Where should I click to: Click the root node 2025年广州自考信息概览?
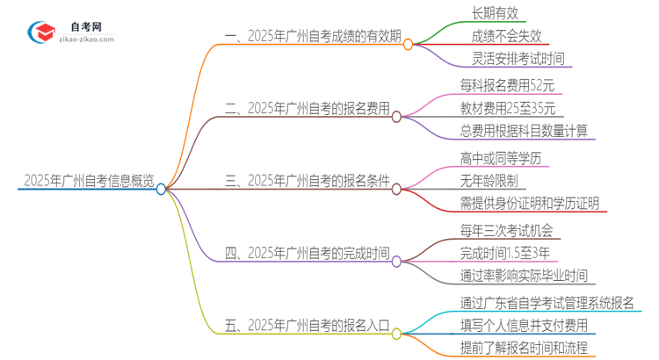coord(88,182)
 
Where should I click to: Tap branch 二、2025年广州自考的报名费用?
coord(308,110)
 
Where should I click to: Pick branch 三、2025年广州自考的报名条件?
coord(308,182)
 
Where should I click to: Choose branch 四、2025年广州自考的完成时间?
coord(308,255)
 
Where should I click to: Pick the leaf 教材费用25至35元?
coord(508,110)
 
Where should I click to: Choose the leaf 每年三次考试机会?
coord(506,232)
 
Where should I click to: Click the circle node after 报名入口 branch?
coord(396,334)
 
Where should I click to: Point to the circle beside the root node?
coord(162,189)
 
